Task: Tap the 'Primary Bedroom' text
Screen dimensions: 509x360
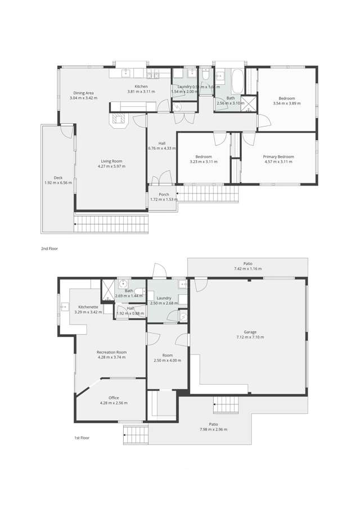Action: coord(278,157)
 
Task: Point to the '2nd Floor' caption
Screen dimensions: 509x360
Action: coord(49,248)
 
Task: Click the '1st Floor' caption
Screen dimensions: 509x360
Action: coord(82,437)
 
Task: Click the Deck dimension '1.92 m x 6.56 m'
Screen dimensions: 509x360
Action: coord(58,182)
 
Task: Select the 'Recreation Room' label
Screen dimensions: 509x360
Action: coord(111,352)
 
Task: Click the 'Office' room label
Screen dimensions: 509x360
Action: coord(114,398)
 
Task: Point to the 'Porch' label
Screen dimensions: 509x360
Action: coord(164,195)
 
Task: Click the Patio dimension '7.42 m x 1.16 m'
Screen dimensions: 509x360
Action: coord(248,269)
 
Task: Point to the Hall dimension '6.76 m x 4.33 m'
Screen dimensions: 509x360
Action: coord(162,148)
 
